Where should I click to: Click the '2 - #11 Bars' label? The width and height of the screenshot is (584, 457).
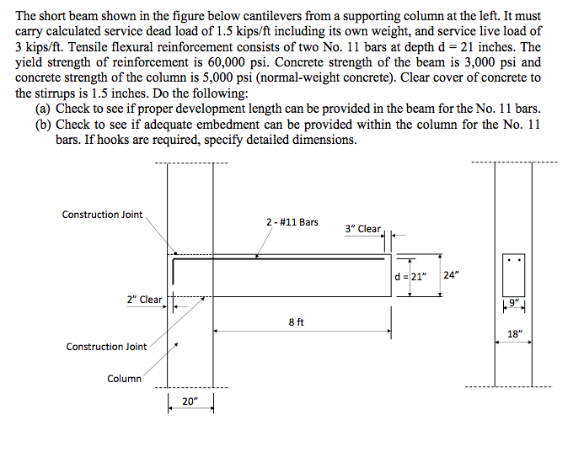tap(292, 222)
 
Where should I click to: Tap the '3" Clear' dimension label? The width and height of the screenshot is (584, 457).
tap(363, 229)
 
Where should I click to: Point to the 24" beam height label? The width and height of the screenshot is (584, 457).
tap(452, 274)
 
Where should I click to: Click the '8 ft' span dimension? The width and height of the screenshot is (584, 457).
tap(296, 321)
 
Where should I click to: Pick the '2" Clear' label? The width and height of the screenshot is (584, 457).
tap(144, 300)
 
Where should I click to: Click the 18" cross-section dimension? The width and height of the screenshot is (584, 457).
tap(514, 333)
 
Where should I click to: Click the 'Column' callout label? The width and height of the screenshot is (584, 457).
tap(124, 379)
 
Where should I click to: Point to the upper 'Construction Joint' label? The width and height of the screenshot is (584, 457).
tap(102, 215)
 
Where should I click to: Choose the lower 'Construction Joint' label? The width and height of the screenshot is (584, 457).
tap(106, 347)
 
